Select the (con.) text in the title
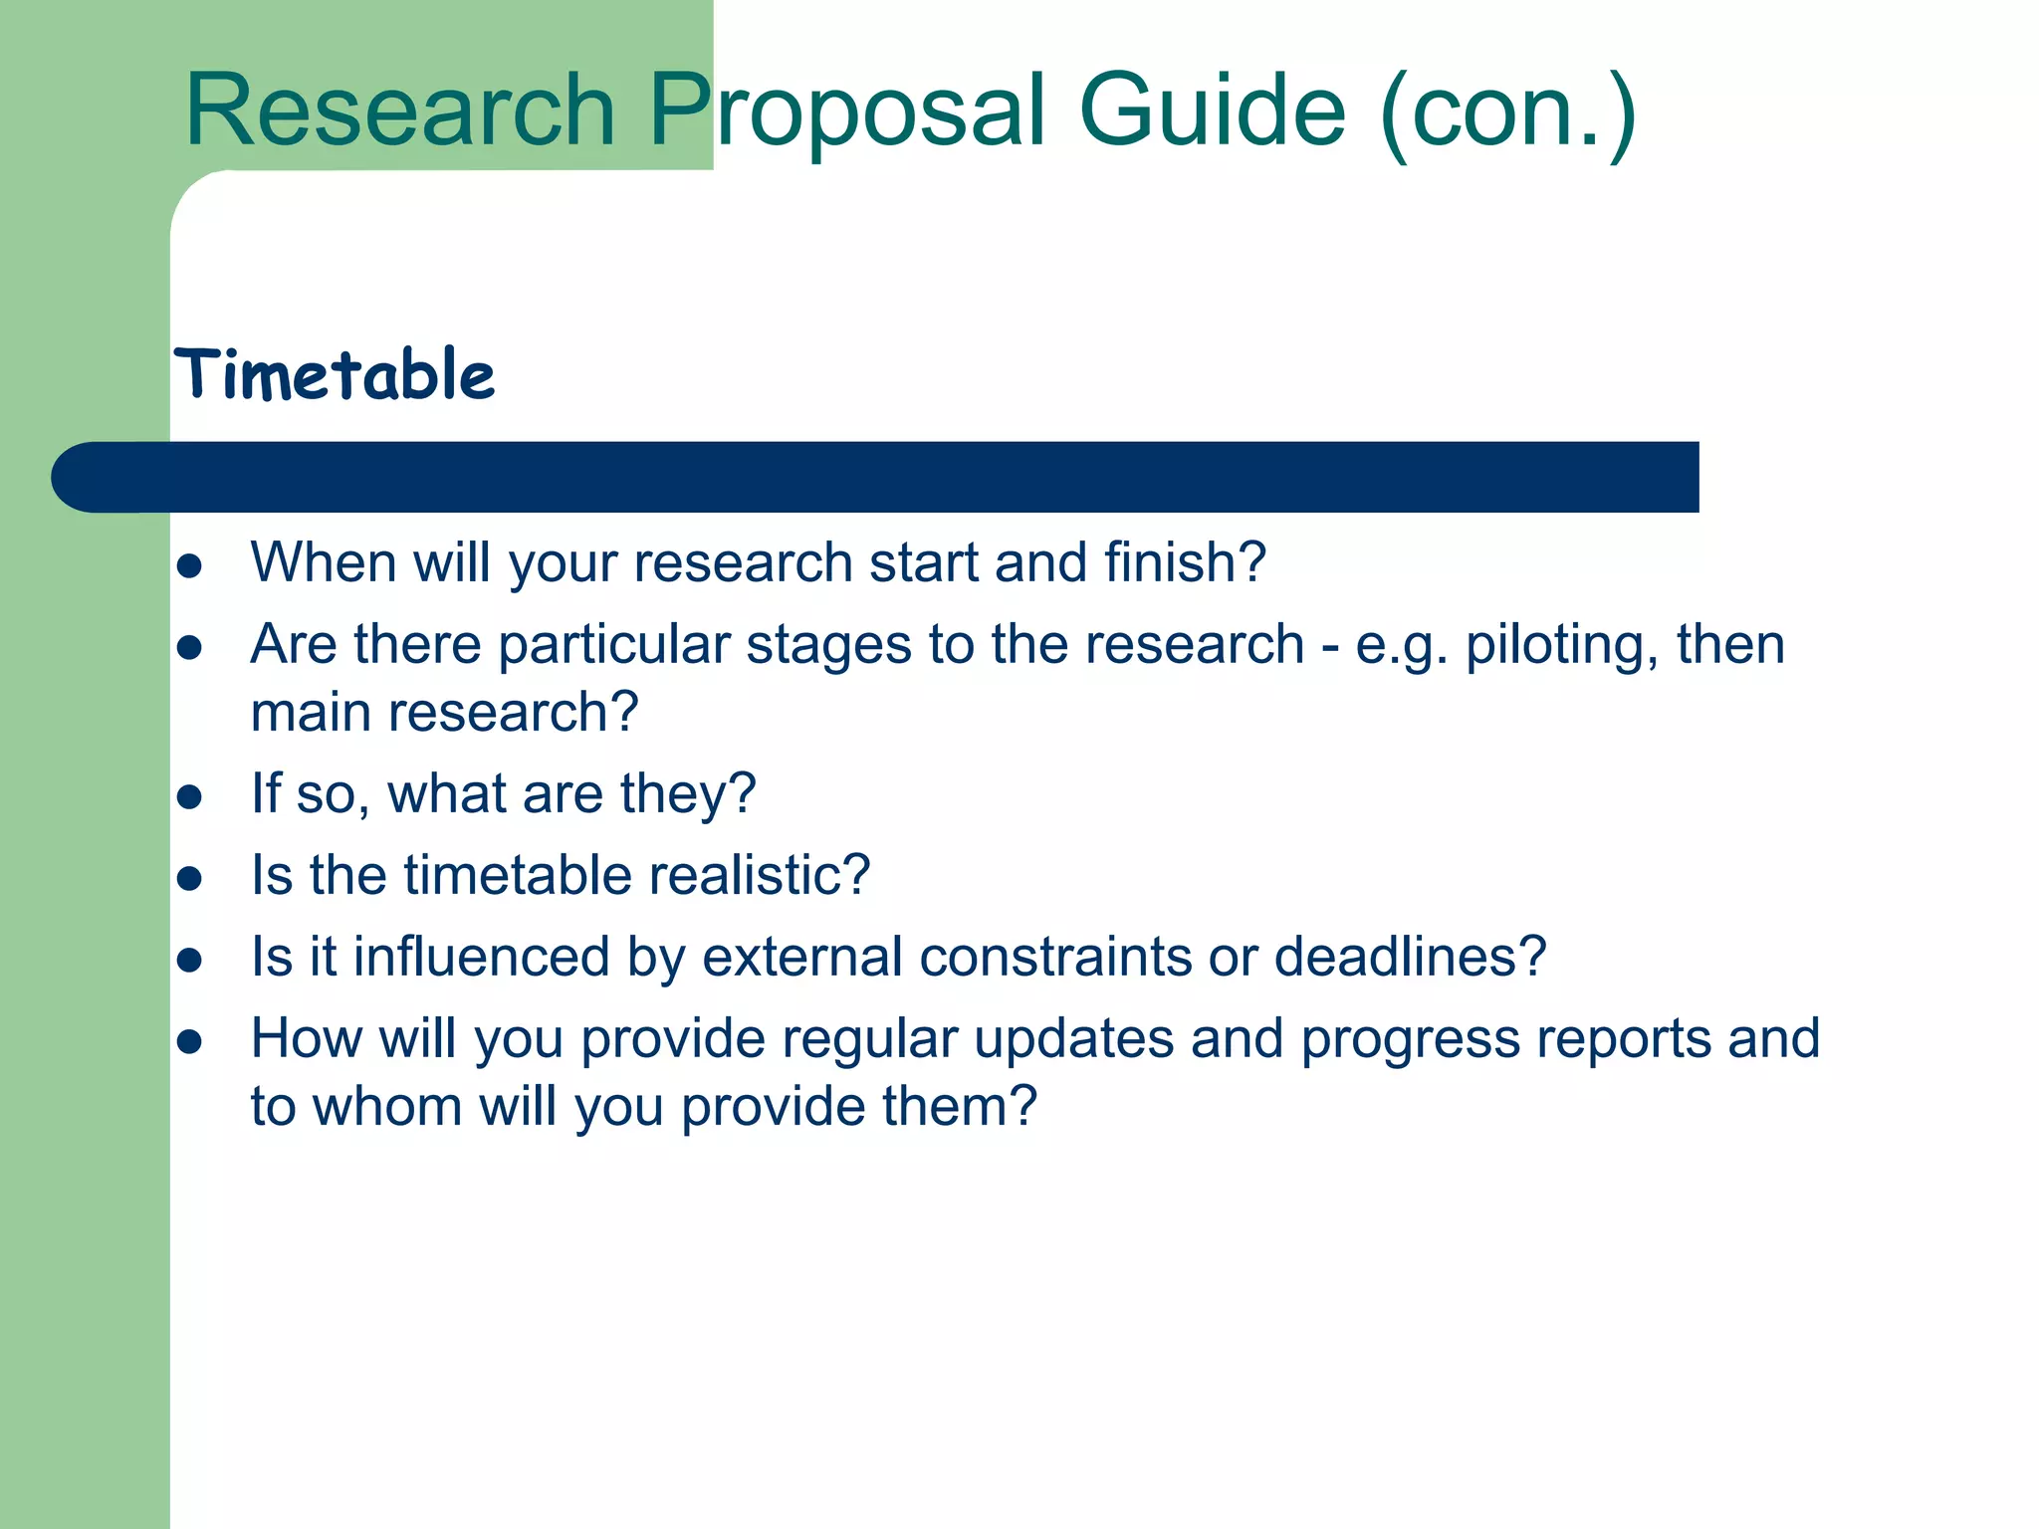[1508, 111]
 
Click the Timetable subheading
[335, 375]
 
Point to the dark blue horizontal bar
[876, 477]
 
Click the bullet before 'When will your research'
[189, 566]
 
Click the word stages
[828, 645]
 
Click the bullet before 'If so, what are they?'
[189, 797]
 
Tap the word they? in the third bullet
[688, 794]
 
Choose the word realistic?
[760, 875]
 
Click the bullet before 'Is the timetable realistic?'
[189, 879]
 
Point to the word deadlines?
[1410, 957]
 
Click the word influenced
[481, 957]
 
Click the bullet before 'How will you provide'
[189, 1042]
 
